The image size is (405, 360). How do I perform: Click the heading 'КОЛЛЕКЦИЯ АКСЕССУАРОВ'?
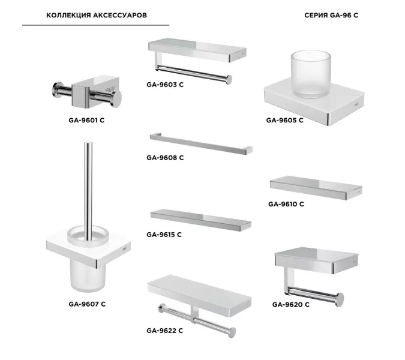tap(97, 15)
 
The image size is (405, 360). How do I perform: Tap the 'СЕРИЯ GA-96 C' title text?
tap(331, 15)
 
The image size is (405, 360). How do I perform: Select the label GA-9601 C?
tap(86, 120)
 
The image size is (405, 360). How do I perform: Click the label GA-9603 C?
tap(165, 85)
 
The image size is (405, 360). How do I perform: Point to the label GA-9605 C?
tap(284, 120)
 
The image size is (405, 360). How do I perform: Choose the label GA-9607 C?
tap(87, 304)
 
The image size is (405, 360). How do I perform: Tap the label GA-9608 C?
tap(165, 158)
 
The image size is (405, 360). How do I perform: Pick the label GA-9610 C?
tap(286, 204)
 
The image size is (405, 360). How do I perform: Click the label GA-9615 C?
tap(164, 235)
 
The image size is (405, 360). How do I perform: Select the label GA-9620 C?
tap(290, 304)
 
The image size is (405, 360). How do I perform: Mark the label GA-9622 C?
tap(164, 331)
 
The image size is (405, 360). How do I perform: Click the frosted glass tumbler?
tap(311, 74)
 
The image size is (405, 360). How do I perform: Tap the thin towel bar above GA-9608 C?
tap(201, 143)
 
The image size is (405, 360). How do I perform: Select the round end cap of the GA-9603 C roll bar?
tap(229, 80)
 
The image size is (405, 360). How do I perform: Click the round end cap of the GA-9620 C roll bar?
tap(340, 299)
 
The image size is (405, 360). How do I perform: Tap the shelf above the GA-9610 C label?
tap(316, 188)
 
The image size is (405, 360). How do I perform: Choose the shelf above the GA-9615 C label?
tap(200, 220)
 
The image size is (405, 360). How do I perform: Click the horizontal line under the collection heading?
tap(96, 25)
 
